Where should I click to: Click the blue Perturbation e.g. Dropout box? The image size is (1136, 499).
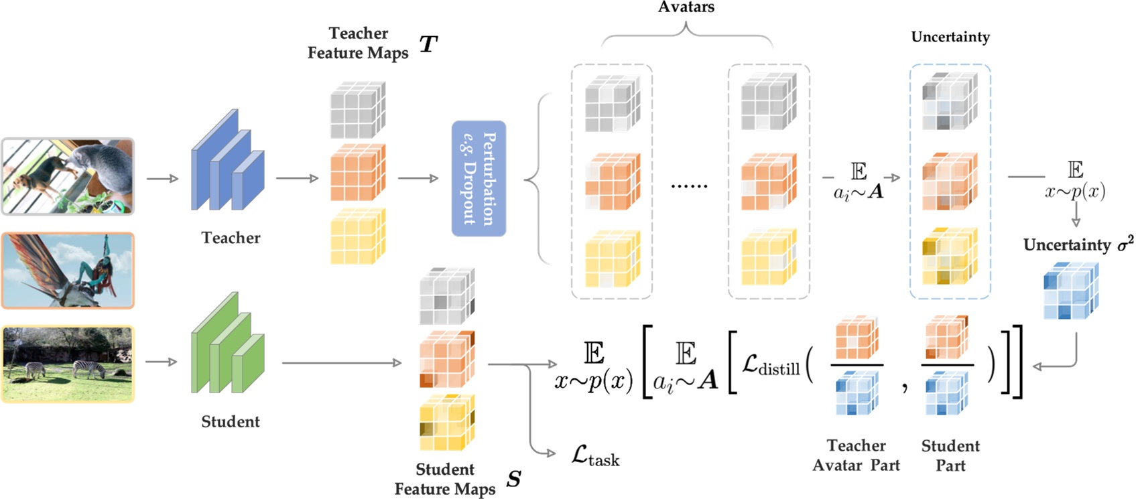(x=479, y=178)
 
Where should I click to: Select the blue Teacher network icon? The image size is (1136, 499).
(x=227, y=163)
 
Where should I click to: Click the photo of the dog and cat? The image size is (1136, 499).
(x=68, y=176)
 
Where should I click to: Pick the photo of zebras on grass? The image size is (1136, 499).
(x=68, y=364)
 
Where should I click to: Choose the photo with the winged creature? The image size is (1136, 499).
(x=68, y=270)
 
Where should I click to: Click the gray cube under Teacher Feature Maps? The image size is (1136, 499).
(x=357, y=110)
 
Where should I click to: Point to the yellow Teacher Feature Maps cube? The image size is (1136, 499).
(x=357, y=236)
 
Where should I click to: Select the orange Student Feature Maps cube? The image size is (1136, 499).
(x=446, y=359)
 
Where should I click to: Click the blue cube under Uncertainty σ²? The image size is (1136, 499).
(x=1070, y=290)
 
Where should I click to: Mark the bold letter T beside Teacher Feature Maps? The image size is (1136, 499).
(x=428, y=44)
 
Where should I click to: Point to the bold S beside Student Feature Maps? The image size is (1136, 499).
(x=513, y=479)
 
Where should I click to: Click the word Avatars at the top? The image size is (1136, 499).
(x=686, y=7)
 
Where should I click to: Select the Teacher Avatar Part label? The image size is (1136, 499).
(x=856, y=455)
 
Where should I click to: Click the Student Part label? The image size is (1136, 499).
(x=950, y=455)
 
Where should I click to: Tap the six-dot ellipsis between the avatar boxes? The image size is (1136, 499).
(x=689, y=186)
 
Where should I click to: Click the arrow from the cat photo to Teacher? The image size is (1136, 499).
(x=163, y=178)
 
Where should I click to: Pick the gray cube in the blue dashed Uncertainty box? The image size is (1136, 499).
(x=950, y=100)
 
